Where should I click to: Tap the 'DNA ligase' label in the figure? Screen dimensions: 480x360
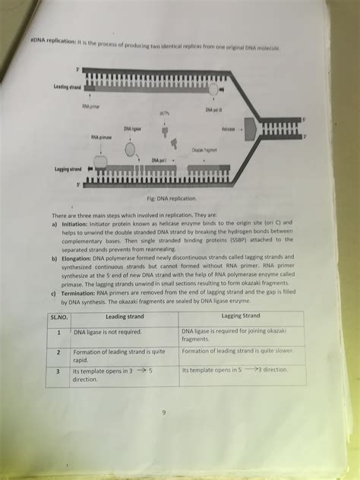pyautogui.click(x=133, y=130)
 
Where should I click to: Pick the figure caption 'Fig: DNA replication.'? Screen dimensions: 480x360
pyautogui.click(x=170, y=198)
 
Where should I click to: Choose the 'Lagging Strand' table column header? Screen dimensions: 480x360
pyautogui.click(x=241, y=315)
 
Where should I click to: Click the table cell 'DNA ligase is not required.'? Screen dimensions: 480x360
pyautogui.click(x=111, y=332)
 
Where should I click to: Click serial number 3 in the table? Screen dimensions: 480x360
pyautogui.click(x=58, y=371)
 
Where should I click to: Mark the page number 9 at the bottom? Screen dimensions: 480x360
pyautogui.click(x=162, y=413)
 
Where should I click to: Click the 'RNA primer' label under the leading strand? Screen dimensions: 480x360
pyautogui.click(x=92, y=108)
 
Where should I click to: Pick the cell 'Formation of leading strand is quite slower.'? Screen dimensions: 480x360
pyautogui.click(x=241, y=352)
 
